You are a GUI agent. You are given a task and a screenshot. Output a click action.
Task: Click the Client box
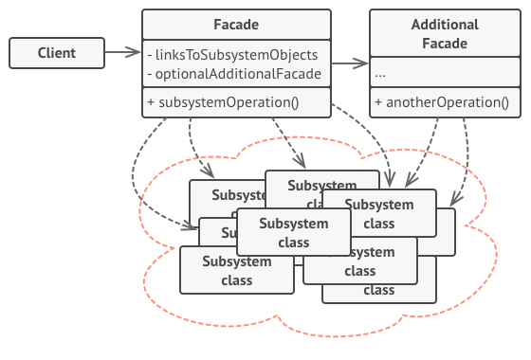tap(56, 53)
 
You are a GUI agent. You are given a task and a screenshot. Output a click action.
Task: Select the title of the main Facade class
tap(236, 24)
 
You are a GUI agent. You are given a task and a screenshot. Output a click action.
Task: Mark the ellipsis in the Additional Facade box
tap(380, 74)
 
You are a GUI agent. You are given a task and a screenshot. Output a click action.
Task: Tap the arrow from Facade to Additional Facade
tap(350, 64)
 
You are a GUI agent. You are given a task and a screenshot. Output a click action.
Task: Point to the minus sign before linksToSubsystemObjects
tap(150, 55)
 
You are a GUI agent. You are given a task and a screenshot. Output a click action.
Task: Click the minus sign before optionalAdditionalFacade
tap(150, 74)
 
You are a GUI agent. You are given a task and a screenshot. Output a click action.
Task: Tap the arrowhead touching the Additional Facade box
tap(364, 64)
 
